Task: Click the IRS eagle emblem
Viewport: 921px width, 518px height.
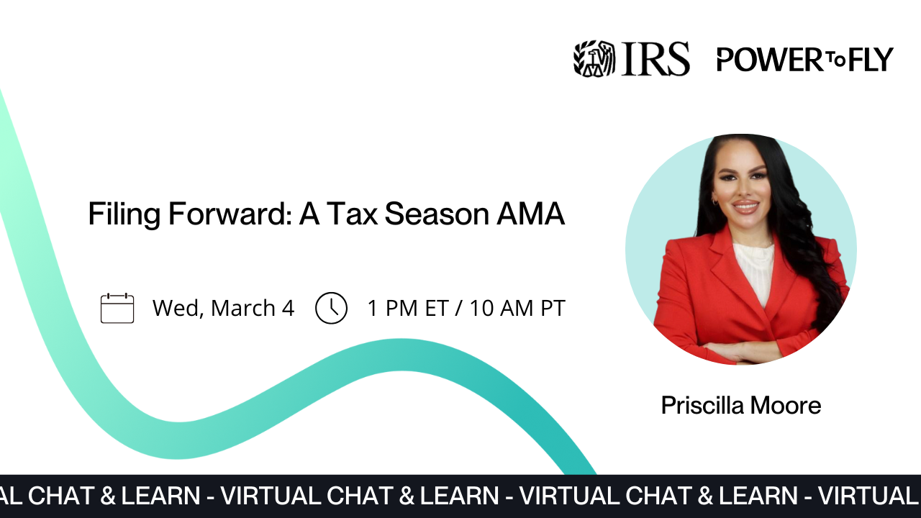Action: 594,58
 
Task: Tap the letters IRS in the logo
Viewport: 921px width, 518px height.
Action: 655,58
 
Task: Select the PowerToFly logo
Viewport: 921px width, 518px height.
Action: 804,59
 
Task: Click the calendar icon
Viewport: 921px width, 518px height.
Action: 117,308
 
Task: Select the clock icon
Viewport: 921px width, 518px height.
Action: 331,308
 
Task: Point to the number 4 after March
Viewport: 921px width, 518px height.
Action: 288,308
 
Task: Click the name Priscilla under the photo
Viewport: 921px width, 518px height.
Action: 702,406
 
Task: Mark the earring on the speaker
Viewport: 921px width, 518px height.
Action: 714,203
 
